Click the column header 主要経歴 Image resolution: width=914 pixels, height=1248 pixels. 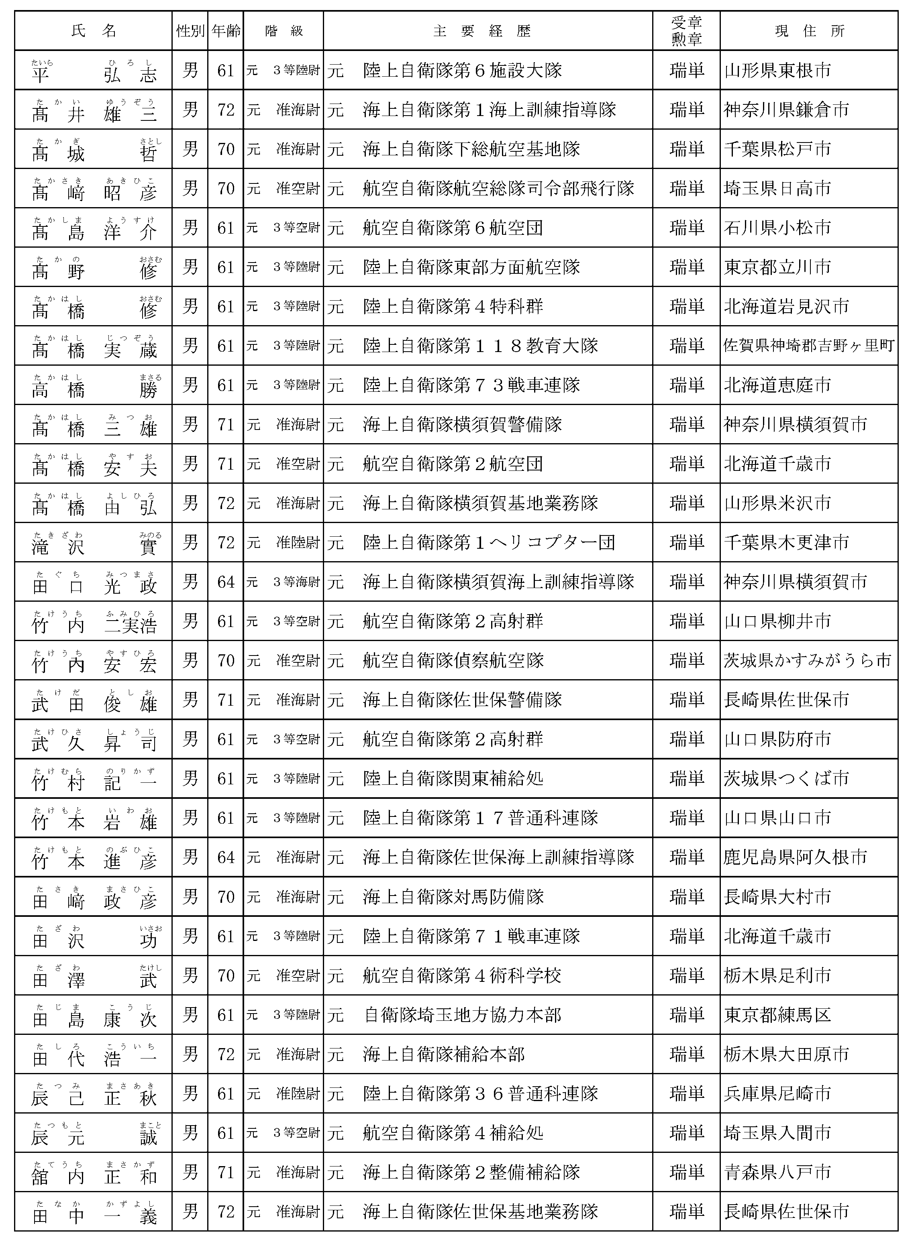pos(482,31)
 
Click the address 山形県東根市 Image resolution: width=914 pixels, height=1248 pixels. pos(777,71)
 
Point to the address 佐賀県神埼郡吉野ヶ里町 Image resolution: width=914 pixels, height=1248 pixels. pos(809,346)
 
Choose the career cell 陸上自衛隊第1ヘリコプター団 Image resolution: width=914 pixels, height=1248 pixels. pos(489,542)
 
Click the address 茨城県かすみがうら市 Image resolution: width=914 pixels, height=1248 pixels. pos(807,661)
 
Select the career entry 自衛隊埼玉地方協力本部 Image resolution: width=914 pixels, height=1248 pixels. pos(463,1015)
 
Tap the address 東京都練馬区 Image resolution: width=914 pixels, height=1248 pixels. pos(777,1015)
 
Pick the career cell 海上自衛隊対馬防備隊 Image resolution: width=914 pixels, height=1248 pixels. pos(453,897)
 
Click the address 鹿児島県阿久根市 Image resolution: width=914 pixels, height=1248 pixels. pos(795,857)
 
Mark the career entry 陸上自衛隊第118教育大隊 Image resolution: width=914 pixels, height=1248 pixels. pos(480,346)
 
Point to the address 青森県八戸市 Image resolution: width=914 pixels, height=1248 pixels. pos(777,1172)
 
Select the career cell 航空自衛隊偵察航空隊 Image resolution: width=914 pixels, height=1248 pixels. pos(453,661)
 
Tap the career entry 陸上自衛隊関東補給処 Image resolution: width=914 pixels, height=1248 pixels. pos(453,779)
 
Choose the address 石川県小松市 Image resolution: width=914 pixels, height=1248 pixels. pos(777,228)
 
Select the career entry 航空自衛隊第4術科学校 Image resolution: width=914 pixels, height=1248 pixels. pos(462,975)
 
